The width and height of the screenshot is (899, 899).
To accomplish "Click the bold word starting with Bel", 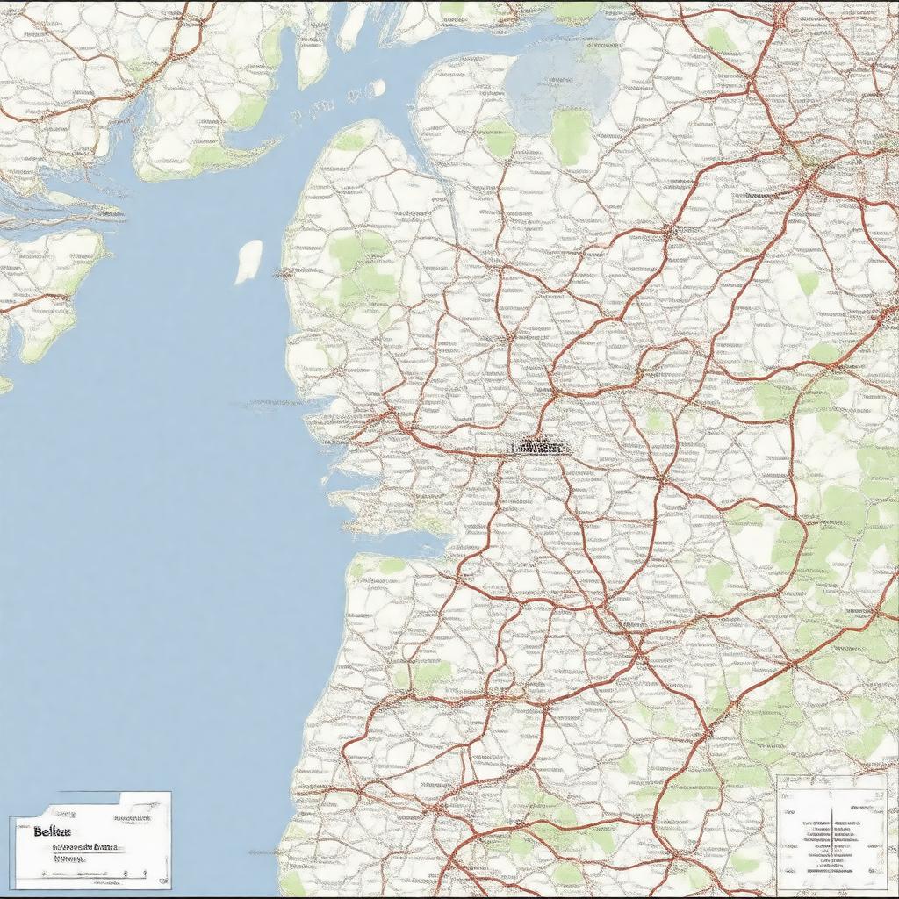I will (x=52, y=831).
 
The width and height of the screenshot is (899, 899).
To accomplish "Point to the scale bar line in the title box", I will (x=88, y=874).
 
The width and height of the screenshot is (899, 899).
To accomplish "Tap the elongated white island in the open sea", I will (x=248, y=262).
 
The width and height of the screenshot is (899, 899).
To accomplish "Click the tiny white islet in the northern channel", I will (x=377, y=88).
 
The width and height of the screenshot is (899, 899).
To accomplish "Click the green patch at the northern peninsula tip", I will (x=351, y=140).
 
